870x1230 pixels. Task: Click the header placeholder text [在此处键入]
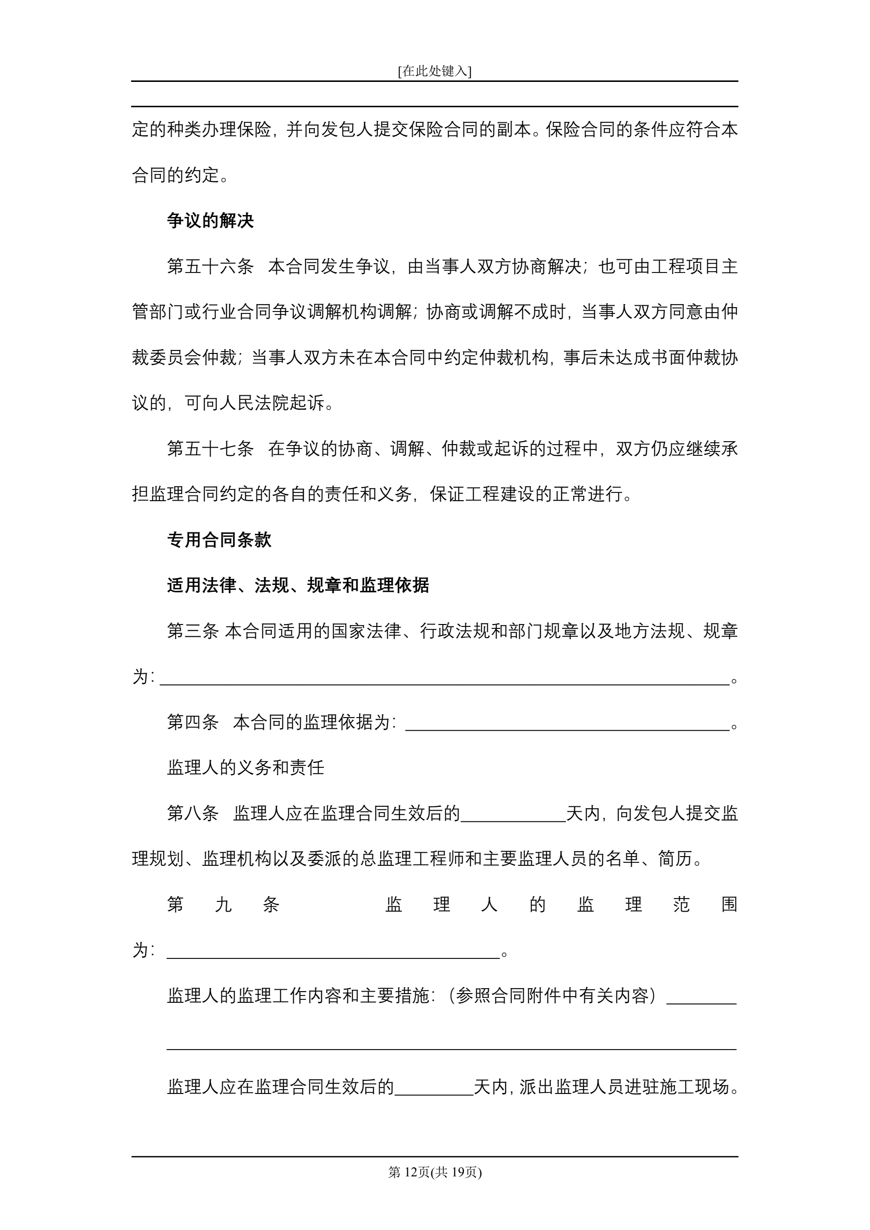434,71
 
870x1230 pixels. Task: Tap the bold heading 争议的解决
210,220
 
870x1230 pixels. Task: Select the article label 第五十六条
210,266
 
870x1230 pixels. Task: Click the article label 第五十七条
210,449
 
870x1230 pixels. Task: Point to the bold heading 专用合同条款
219,540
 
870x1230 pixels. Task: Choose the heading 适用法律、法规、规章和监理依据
298,585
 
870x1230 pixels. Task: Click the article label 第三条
193,631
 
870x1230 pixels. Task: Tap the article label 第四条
193,722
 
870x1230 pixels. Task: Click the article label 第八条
193,813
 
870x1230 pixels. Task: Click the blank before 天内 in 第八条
513,814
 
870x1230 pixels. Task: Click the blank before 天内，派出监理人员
433,1087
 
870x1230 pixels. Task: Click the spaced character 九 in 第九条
223,904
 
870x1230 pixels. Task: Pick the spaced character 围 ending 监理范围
729,904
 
